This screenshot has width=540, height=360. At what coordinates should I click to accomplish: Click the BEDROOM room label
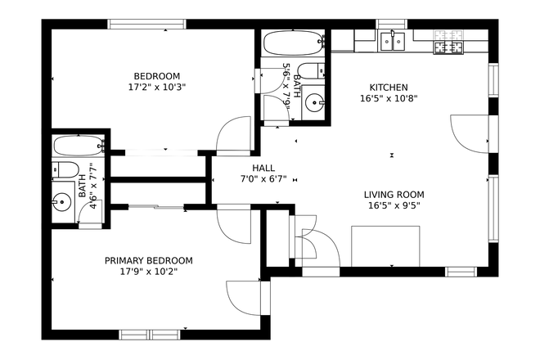click(152, 73)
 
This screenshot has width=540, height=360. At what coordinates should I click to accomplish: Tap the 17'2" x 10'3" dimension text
click(152, 85)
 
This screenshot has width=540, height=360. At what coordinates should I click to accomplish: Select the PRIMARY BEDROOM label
click(149, 260)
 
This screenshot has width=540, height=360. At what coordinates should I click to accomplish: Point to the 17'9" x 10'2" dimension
click(149, 272)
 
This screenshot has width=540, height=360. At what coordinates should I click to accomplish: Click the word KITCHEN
click(389, 88)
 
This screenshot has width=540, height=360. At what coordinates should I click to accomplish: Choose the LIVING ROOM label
click(394, 195)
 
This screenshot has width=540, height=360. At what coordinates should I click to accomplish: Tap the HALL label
click(263, 168)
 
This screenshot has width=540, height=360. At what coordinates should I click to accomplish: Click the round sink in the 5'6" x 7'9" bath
click(315, 102)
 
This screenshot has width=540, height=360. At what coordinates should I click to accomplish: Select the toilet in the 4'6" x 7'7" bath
click(65, 170)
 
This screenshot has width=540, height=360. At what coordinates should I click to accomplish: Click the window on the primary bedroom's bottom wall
click(150, 334)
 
